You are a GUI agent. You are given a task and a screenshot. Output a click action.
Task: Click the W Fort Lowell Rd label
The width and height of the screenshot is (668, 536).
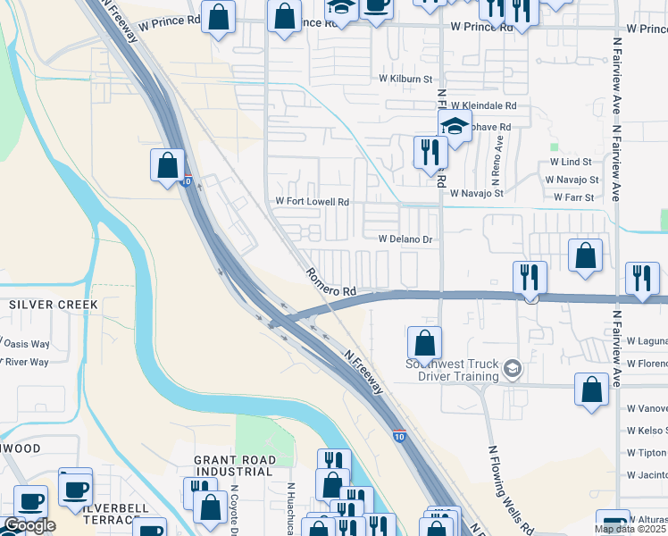click(312, 202)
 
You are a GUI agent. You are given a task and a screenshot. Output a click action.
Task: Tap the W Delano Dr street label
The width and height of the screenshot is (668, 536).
click(405, 239)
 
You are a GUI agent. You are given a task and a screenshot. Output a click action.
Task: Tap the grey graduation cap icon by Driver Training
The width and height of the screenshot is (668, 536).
click(513, 367)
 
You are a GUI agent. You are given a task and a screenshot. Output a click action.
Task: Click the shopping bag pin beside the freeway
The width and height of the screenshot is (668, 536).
click(167, 165)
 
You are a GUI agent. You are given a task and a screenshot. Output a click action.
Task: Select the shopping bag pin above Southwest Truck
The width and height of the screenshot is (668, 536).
click(425, 342)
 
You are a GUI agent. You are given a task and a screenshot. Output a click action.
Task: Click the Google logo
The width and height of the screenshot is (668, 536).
click(29, 525)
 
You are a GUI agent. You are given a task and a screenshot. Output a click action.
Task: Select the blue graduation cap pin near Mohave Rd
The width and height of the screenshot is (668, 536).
click(455, 126)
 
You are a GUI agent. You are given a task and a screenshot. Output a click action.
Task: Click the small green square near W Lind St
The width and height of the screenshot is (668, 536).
click(554, 147)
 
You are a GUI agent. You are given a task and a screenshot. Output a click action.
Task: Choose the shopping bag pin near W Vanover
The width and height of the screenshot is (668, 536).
click(591, 389)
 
